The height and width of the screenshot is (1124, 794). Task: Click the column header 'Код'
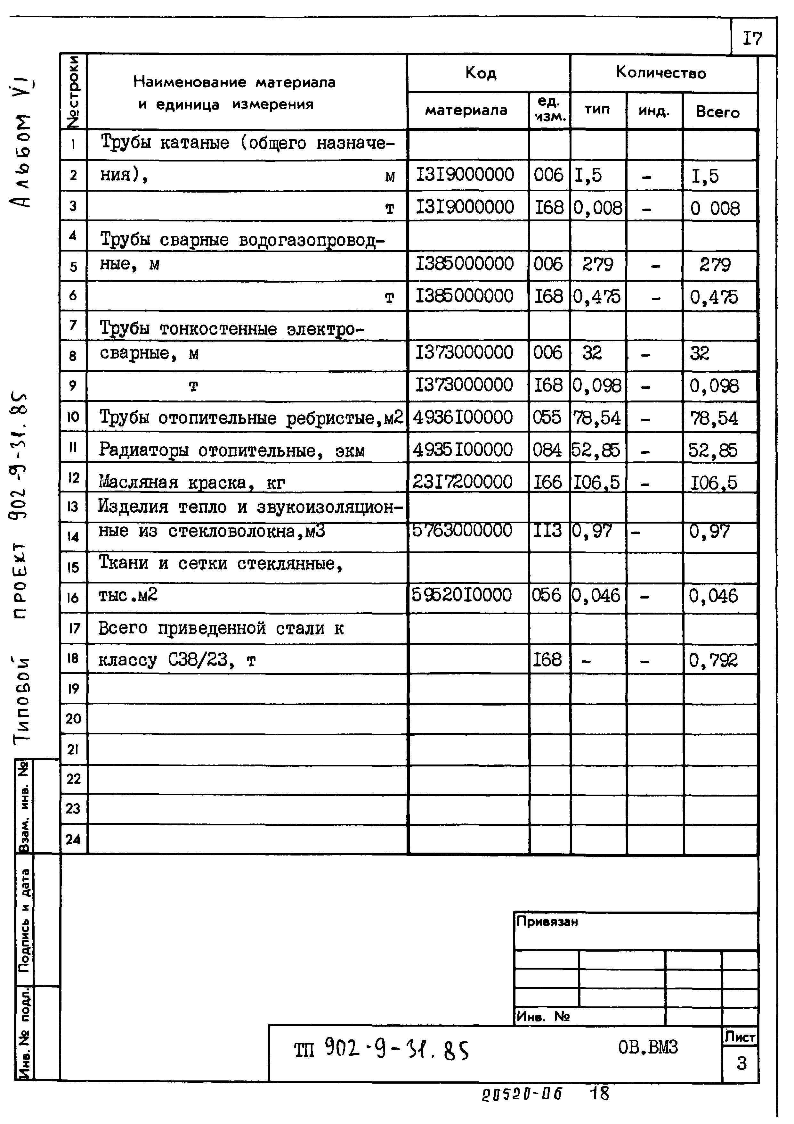coord(481,73)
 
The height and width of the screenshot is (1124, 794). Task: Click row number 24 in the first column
coord(73,839)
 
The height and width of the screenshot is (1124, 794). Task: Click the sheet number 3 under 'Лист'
coord(741,1063)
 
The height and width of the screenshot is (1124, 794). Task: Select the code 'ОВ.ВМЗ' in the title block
coord(648,1047)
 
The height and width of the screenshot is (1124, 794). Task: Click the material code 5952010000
coord(461,595)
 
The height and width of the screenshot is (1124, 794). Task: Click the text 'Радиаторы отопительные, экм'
coord(231,450)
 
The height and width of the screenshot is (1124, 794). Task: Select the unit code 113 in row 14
coord(547,531)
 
